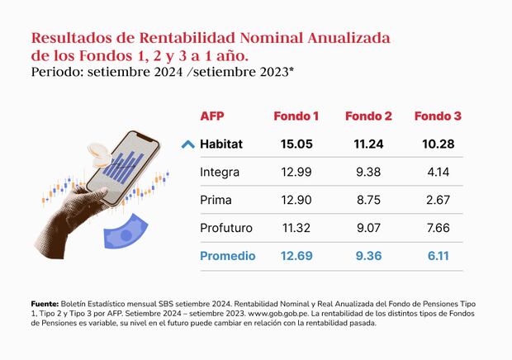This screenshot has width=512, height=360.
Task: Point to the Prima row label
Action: (216, 200)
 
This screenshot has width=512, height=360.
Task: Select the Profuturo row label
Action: (225, 228)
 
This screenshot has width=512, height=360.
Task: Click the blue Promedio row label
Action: (228, 255)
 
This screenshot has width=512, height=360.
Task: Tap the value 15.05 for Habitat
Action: (296, 144)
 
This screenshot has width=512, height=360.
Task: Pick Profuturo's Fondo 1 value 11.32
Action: (296, 228)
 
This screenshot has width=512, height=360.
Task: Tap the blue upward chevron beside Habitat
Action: (187, 144)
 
